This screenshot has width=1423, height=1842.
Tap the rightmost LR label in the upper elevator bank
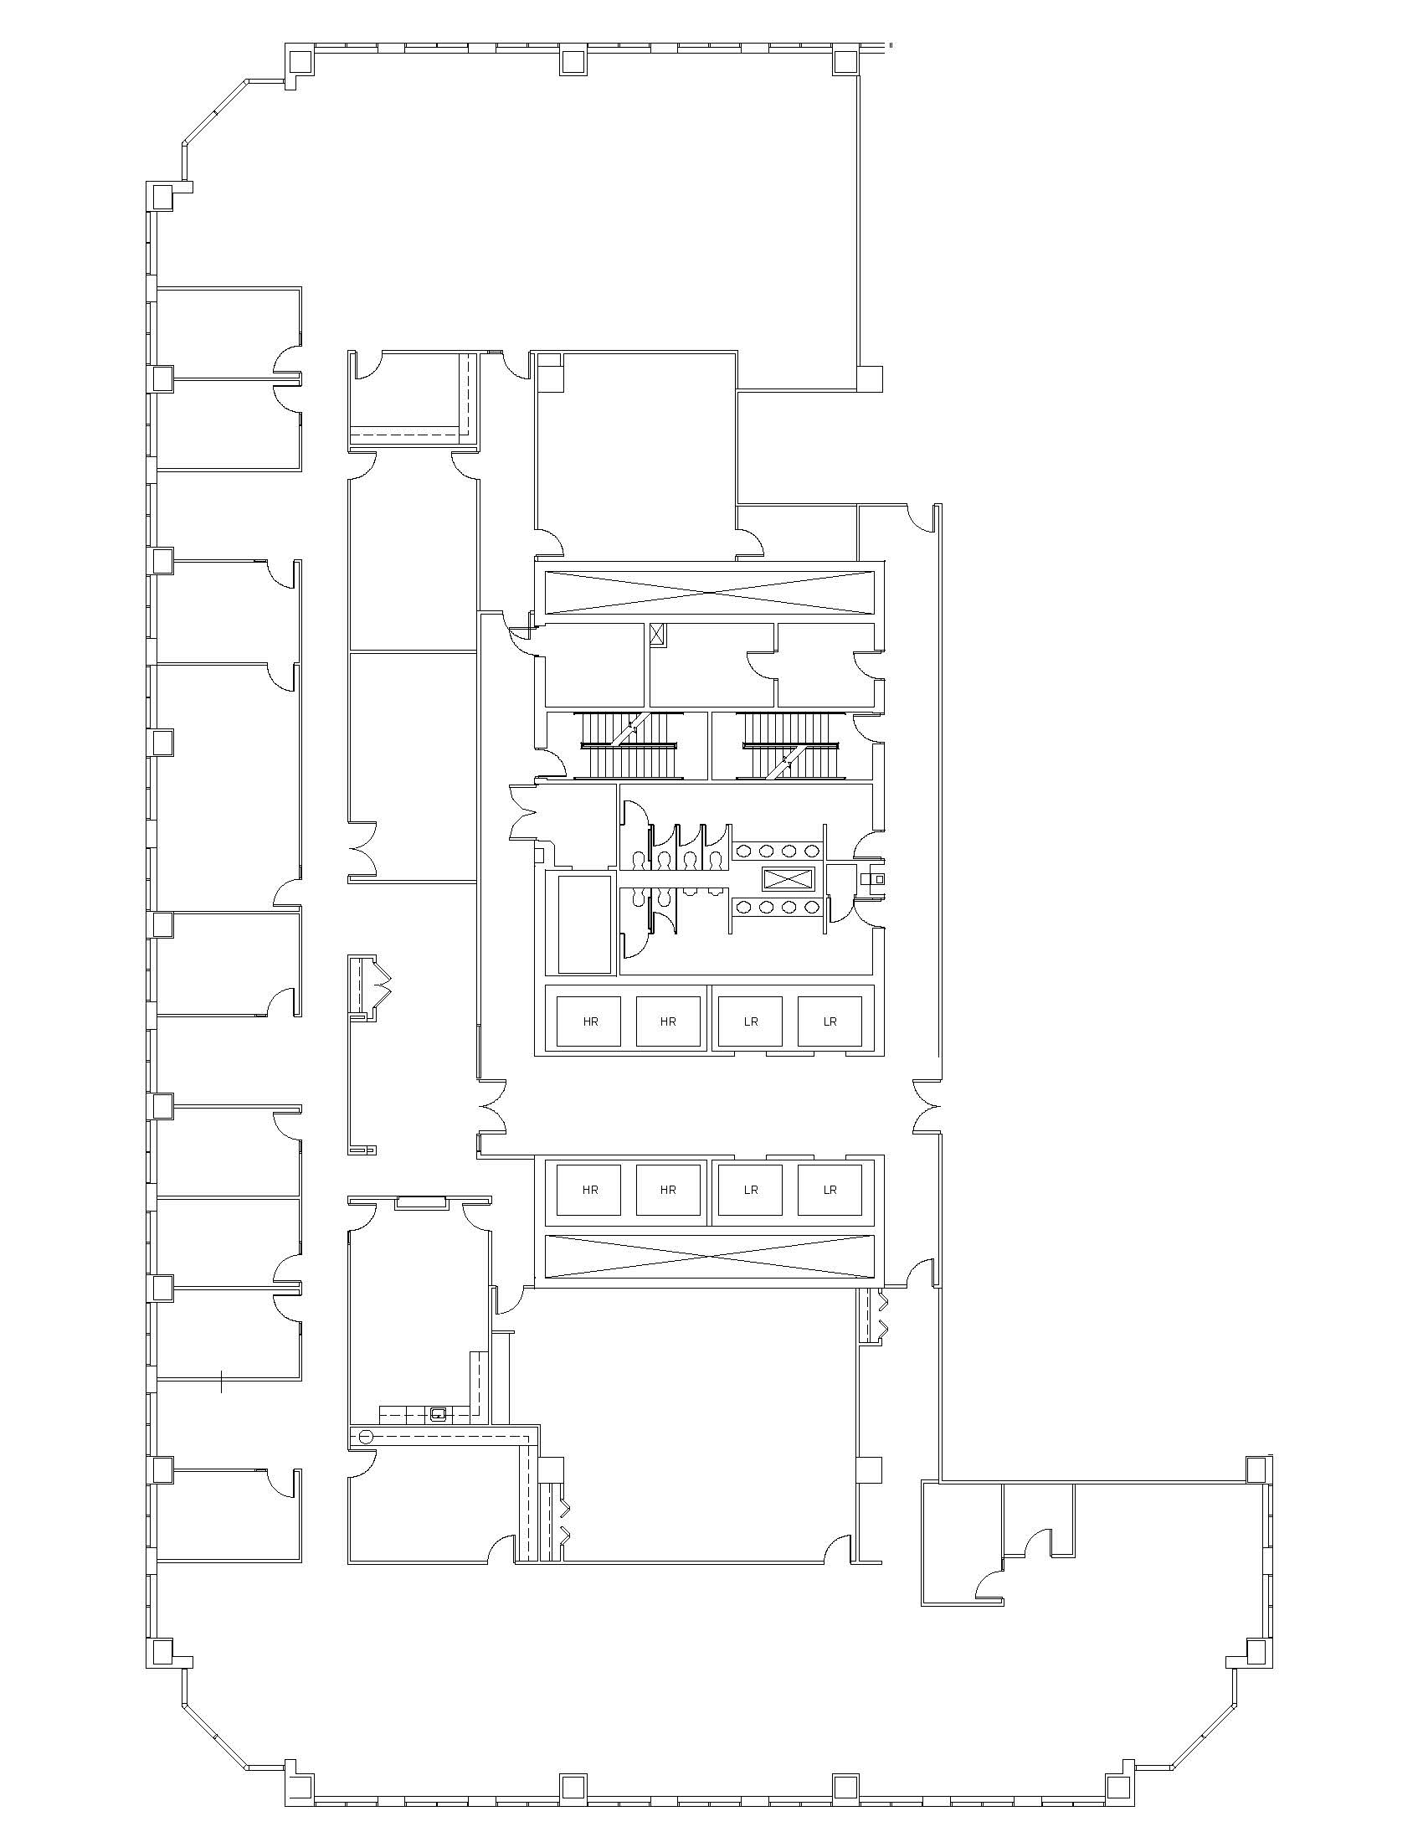pyautogui.click(x=830, y=1021)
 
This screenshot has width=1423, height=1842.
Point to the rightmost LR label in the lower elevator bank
pyautogui.click(x=830, y=1190)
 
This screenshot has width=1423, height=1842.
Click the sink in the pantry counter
pyautogui.click(x=439, y=1413)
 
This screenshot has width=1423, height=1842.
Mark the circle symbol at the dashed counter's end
pyautogui.click(x=365, y=1435)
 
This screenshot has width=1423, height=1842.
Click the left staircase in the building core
pyautogui.click(x=628, y=746)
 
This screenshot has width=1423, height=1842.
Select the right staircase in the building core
pyautogui.click(x=791, y=746)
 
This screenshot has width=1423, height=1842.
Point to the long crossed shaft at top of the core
pyautogui.click(x=710, y=592)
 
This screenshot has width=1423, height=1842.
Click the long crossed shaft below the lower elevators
pyautogui.click(x=710, y=1256)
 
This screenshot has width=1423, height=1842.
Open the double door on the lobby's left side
pyautogui.click(x=492, y=1107)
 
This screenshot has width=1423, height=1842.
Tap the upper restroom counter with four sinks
pyautogui.click(x=778, y=851)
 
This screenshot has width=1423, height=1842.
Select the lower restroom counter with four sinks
pyautogui.click(x=778, y=907)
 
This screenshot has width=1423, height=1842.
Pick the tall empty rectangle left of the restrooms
pyautogui.click(x=583, y=924)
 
